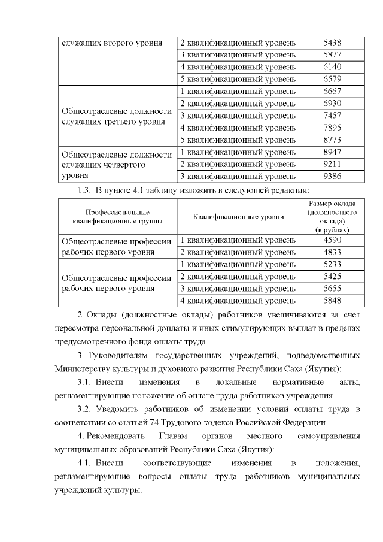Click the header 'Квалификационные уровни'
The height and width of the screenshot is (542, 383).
[238, 216]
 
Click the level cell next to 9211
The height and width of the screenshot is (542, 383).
[238, 163]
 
